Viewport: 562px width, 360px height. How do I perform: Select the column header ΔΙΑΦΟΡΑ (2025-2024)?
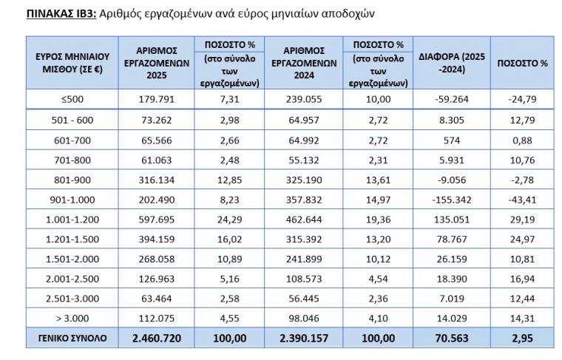pos(453,62)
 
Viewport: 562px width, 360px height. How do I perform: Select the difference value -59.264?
pos(452,99)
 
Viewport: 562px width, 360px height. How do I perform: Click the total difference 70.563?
pos(452,338)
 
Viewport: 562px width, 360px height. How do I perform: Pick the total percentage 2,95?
pos(522,338)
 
